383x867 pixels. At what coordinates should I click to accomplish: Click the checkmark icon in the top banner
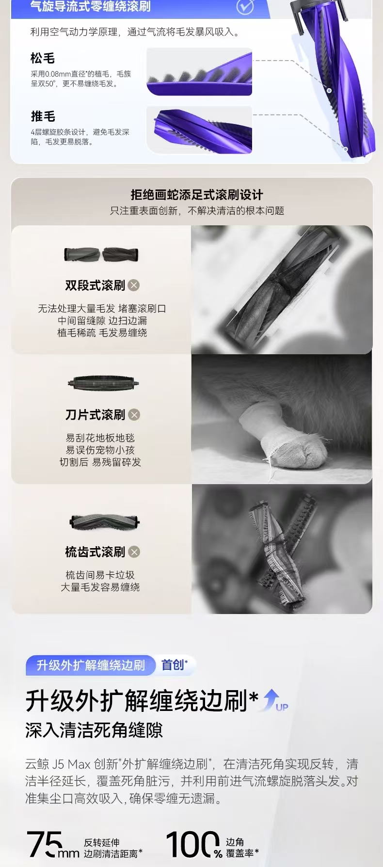click(x=245, y=6)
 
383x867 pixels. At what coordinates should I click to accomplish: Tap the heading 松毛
click(x=43, y=58)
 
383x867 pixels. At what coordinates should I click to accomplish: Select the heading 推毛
click(x=43, y=116)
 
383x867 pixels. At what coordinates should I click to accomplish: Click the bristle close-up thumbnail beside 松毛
click(x=199, y=72)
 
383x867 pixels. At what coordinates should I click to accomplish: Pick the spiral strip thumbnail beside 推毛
click(x=199, y=130)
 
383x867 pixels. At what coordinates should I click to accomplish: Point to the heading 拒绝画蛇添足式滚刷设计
click(x=197, y=195)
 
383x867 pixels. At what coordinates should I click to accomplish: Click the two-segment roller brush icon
click(x=101, y=254)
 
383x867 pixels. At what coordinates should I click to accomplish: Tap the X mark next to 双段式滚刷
click(x=134, y=285)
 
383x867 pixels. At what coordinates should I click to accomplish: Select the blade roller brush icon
click(x=103, y=383)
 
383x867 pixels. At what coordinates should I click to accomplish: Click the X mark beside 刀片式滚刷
click(x=134, y=415)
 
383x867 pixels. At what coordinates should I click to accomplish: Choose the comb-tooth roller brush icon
click(x=105, y=522)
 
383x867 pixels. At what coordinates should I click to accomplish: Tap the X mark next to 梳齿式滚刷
click(x=134, y=552)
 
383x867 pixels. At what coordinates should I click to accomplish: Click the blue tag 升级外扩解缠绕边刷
click(x=91, y=665)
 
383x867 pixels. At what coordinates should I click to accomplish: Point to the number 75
click(x=45, y=844)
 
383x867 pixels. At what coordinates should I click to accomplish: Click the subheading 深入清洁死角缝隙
click(x=94, y=730)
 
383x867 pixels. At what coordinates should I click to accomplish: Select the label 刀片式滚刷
click(x=96, y=415)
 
